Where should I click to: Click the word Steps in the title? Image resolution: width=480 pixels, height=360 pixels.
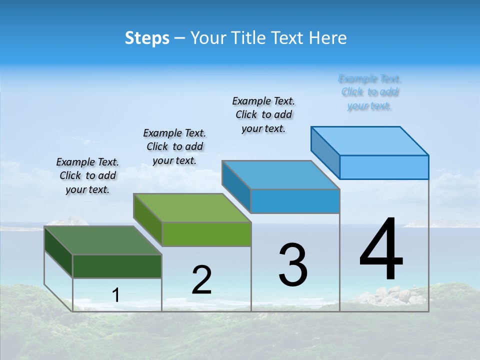[x=147, y=38]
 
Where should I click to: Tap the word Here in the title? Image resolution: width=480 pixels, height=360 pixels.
[x=328, y=38]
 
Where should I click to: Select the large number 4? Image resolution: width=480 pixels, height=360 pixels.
[x=381, y=250]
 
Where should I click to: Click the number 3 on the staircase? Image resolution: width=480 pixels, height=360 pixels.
[x=292, y=265]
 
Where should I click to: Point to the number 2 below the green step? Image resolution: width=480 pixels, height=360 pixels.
[x=201, y=280]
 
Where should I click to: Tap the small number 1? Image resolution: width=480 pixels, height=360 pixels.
[x=116, y=295]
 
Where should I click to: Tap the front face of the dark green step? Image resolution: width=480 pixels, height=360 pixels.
[x=117, y=266]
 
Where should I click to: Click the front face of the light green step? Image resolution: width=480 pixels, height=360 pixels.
[x=206, y=234]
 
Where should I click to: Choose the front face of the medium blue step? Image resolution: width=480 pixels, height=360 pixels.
[x=295, y=201]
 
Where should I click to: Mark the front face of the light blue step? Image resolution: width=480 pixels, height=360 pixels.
[x=384, y=167]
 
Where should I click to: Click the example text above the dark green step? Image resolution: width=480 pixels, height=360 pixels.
[x=87, y=175]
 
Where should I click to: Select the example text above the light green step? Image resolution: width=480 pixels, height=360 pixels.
[x=174, y=146]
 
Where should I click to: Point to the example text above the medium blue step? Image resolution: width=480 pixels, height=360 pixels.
[x=263, y=114]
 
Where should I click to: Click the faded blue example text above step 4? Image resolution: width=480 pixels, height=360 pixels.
[x=370, y=92]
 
